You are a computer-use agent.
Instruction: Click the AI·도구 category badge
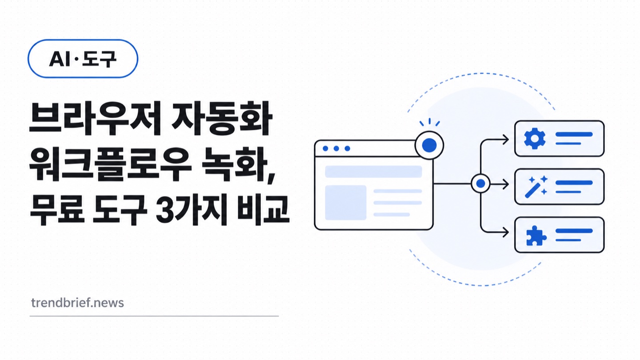(83, 59)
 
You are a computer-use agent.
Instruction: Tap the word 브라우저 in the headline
(96, 118)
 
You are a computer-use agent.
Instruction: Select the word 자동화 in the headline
(221, 118)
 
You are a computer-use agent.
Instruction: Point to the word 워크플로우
(110, 164)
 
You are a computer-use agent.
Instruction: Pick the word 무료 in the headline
(57, 210)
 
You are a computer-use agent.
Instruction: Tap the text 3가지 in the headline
(192, 210)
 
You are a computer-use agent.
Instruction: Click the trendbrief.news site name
(77, 303)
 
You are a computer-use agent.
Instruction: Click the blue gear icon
(535, 139)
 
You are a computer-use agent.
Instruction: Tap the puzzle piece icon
(536, 236)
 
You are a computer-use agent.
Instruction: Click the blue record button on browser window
(429, 145)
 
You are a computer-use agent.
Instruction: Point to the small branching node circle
(480, 184)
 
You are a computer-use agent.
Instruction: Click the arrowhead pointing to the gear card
(506, 140)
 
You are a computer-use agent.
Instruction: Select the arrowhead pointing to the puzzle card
(506, 232)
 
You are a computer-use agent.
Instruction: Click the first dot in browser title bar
(325, 148)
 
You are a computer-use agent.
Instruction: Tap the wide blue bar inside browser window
(373, 172)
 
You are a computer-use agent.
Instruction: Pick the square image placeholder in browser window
(346, 203)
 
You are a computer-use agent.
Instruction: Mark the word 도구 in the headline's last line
(120, 210)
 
